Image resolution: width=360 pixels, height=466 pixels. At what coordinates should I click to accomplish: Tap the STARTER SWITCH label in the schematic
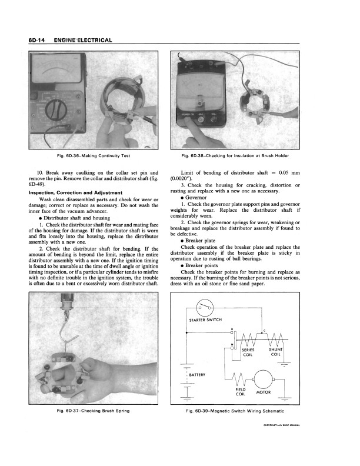tap(205, 320)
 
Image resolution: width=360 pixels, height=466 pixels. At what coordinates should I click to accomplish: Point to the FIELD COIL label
tap(240, 392)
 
